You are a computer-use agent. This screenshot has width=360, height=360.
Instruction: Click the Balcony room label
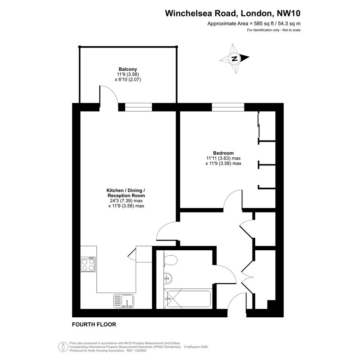click(x=128, y=69)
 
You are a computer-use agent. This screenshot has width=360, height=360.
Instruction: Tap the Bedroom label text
click(x=223, y=153)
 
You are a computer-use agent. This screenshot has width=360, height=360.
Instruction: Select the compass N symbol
click(x=234, y=59)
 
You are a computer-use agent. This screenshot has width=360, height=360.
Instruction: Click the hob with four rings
click(x=88, y=264)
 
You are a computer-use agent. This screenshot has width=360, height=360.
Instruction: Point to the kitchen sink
click(x=124, y=301)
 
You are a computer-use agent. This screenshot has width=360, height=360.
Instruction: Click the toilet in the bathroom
click(x=170, y=261)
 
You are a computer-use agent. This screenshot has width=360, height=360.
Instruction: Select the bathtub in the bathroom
click(x=187, y=299)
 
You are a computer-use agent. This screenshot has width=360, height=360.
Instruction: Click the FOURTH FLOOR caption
click(x=94, y=325)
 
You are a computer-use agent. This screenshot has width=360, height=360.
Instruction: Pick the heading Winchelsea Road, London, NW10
click(x=233, y=13)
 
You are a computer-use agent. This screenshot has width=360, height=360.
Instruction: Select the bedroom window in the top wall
click(x=228, y=107)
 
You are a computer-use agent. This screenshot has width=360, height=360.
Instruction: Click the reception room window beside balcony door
click(x=138, y=107)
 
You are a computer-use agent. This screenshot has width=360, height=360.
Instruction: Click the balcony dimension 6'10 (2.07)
click(x=128, y=80)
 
